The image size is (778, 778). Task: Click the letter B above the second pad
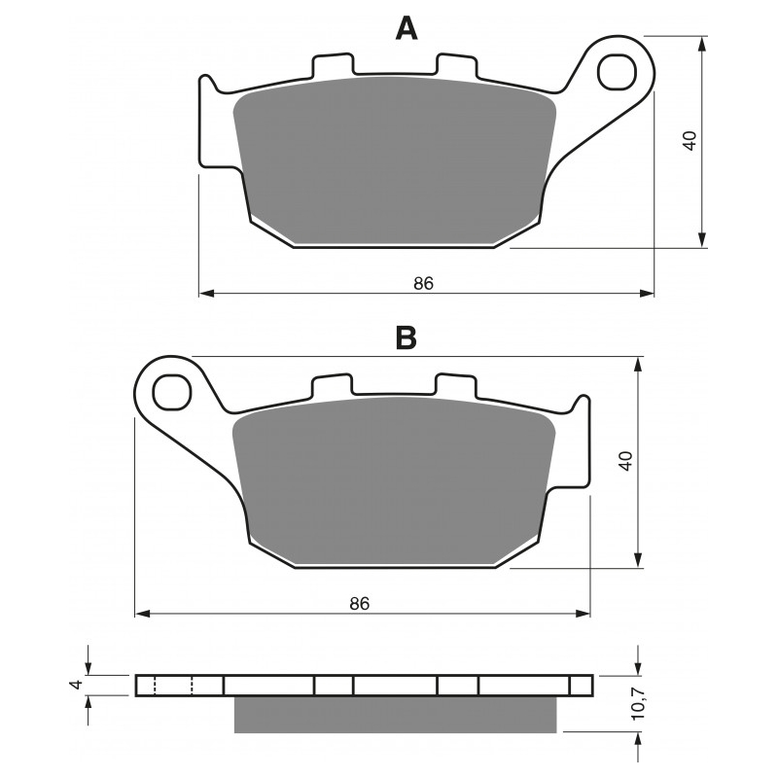[x=407, y=337]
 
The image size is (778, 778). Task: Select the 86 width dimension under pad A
[x=423, y=284]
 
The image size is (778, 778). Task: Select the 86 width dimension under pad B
[x=360, y=604]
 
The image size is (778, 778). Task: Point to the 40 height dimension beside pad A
[x=690, y=139]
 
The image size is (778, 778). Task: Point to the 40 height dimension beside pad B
[x=627, y=460]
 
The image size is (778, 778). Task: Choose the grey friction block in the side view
[x=395, y=715]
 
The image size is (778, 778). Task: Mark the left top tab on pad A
[x=332, y=66]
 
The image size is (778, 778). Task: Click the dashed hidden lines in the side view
[x=174, y=686]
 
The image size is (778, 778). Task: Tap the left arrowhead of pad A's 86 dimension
[x=205, y=293]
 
